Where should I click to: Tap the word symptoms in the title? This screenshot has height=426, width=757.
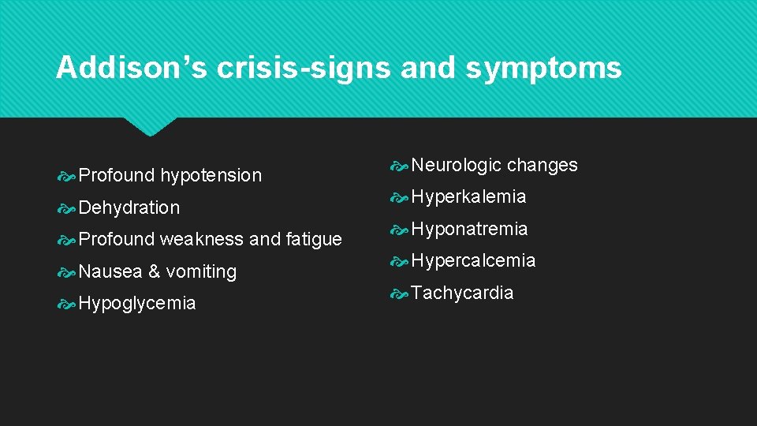(x=544, y=68)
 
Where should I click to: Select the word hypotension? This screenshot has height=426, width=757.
(x=211, y=175)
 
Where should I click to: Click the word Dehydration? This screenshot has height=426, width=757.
(x=129, y=207)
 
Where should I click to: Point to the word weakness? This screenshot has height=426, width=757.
(x=202, y=239)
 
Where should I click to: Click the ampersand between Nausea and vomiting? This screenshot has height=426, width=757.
(x=154, y=271)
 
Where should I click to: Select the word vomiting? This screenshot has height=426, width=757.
(x=201, y=271)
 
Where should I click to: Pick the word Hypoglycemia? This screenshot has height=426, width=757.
(x=137, y=304)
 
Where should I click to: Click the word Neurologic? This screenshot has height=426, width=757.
(x=457, y=165)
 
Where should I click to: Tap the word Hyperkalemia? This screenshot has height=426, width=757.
(x=468, y=196)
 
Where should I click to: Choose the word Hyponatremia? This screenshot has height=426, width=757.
(x=469, y=229)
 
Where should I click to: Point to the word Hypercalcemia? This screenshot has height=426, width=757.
(x=473, y=260)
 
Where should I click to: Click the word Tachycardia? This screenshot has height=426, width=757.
(x=462, y=293)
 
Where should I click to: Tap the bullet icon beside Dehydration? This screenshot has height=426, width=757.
(x=68, y=208)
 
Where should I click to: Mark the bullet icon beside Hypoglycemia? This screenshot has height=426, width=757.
(x=68, y=304)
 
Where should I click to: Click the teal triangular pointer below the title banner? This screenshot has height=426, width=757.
(x=151, y=126)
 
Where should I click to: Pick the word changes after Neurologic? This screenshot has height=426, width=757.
(x=543, y=165)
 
